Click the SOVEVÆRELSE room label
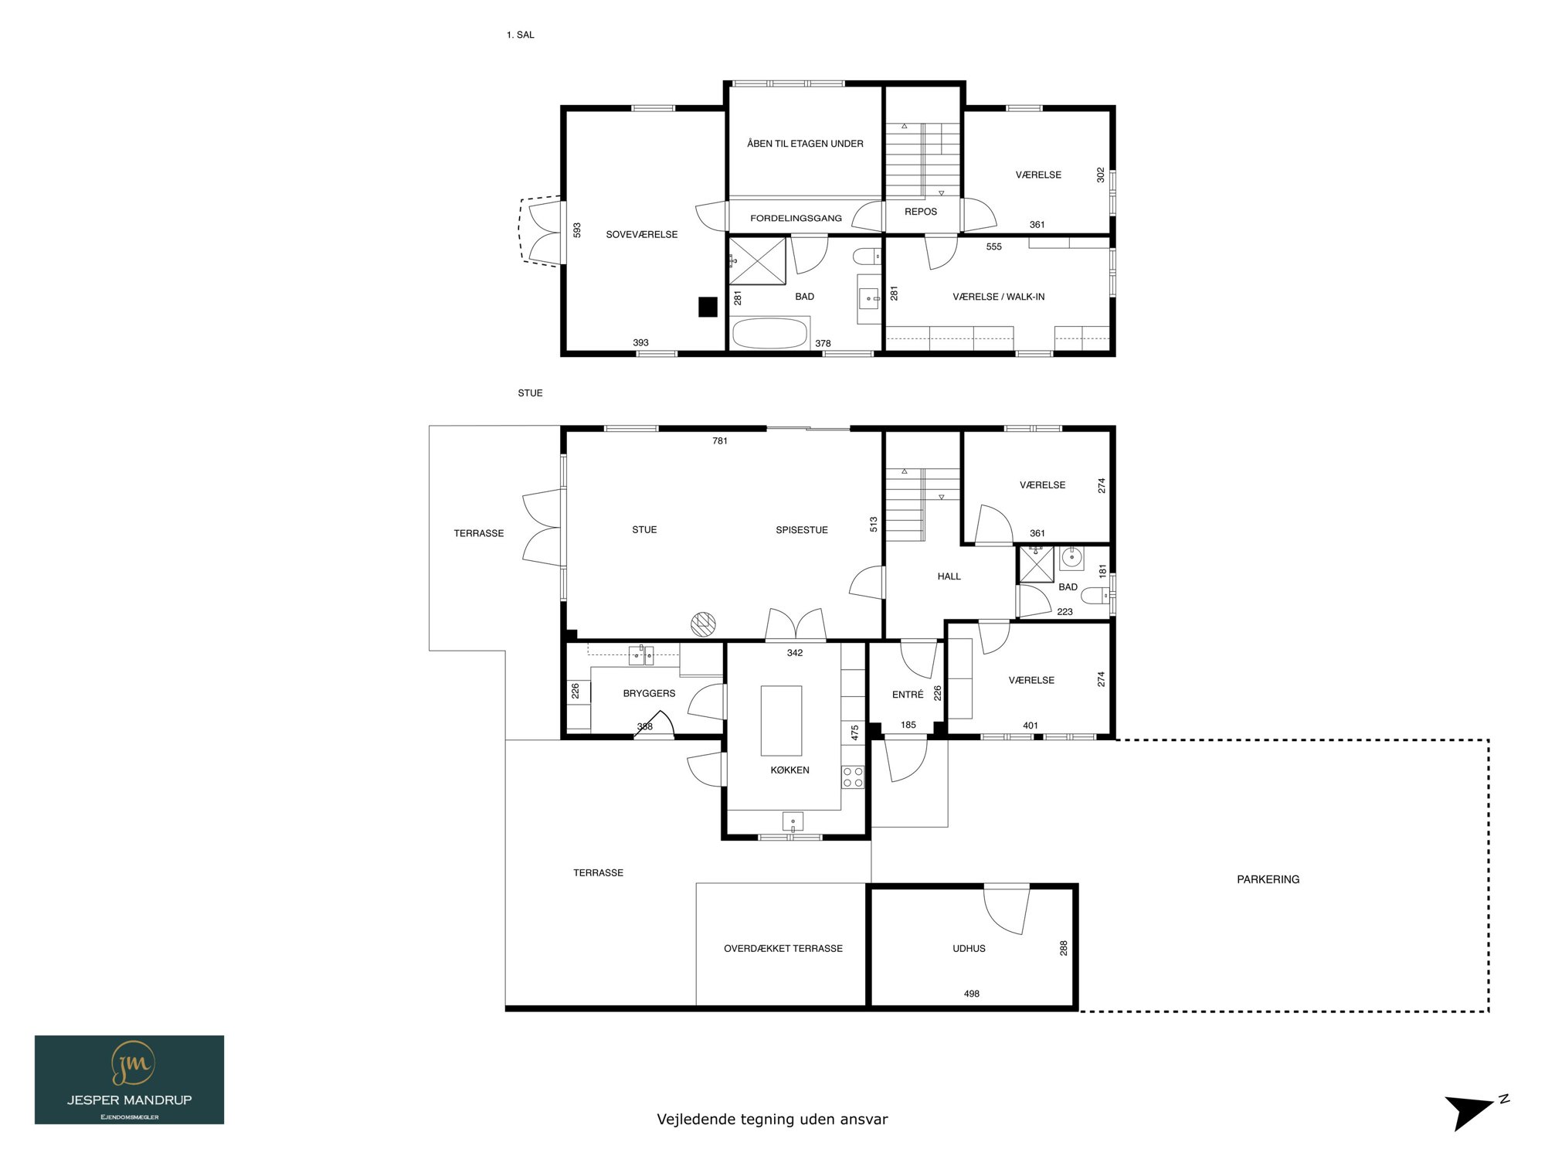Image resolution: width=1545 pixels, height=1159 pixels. click(641, 234)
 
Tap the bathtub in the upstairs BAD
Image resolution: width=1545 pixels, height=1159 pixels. click(769, 334)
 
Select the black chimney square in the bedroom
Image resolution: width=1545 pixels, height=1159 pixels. click(708, 307)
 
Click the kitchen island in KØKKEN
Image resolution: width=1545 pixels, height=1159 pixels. click(781, 720)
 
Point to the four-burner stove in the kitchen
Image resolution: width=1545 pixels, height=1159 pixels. click(853, 777)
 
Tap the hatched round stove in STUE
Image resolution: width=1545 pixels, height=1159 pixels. click(703, 624)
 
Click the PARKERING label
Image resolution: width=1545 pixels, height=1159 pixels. click(1268, 879)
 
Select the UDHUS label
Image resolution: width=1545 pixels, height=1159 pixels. click(969, 948)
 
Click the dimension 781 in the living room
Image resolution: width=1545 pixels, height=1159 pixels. click(720, 441)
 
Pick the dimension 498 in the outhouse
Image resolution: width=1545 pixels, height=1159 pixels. click(972, 994)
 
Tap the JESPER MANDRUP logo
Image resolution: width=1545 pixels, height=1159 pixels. click(130, 1079)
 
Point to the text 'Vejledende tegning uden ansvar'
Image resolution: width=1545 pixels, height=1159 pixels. click(772, 1119)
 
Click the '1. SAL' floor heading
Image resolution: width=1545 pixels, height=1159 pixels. click(520, 35)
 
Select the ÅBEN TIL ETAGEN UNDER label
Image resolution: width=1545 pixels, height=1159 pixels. click(805, 144)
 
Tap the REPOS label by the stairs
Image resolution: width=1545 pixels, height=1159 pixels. click(921, 212)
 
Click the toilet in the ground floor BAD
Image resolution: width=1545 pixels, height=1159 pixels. click(1095, 596)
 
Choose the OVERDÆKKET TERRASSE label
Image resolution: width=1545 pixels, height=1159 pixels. click(783, 948)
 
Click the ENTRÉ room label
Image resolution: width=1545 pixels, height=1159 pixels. click(908, 695)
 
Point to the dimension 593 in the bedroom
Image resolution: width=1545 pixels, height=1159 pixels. click(577, 230)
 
